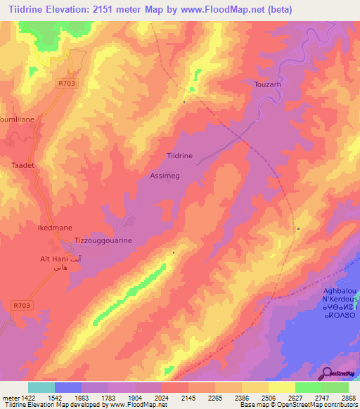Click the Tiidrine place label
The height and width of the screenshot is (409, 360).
coord(179,155)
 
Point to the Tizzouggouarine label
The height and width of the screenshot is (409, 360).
coord(103,240)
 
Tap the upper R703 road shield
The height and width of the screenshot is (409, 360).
coord(66,83)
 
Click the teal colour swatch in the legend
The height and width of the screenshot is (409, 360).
coord(41,387)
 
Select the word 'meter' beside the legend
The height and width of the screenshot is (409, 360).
coord(11,398)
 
